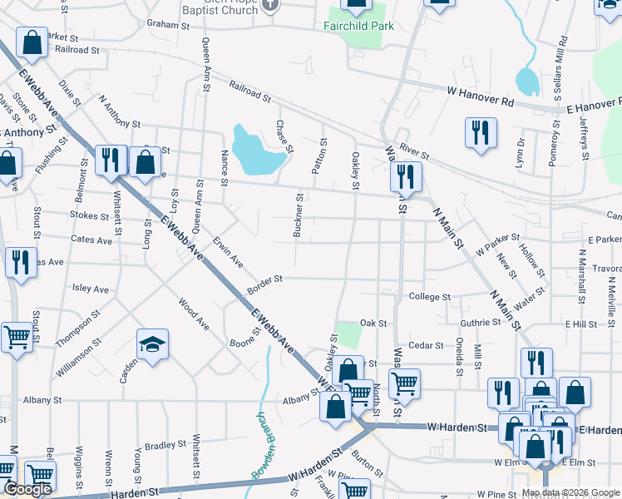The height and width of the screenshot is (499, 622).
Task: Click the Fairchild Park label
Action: pos(358,26)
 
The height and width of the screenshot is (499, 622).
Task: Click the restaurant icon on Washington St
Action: pos(406,176)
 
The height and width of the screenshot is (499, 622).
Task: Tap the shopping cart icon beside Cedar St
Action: pos(404,383)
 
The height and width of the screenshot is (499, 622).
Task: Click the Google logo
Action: pos(27,490)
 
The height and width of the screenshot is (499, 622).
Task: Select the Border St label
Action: pos(265,284)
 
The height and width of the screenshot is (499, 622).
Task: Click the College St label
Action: pos(429,297)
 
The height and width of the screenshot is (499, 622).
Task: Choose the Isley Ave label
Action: pos(91,289)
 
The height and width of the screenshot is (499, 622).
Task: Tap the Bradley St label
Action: pos(162,446)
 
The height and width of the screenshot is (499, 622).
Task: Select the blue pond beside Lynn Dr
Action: pos(527,81)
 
